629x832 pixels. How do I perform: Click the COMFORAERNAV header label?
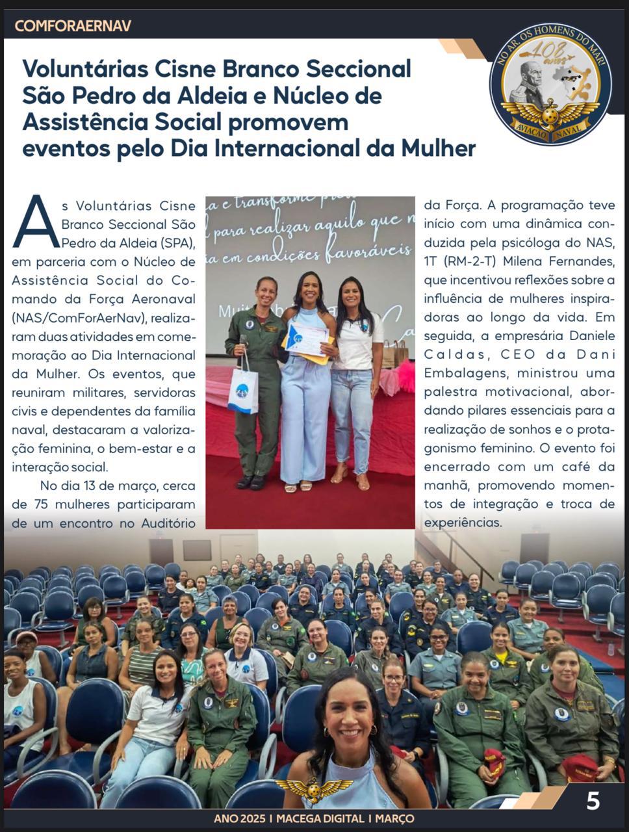point(73,26)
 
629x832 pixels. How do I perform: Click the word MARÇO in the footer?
point(394,819)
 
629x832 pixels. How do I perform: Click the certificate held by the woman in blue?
point(307,339)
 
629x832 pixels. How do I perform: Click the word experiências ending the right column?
point(463,523)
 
